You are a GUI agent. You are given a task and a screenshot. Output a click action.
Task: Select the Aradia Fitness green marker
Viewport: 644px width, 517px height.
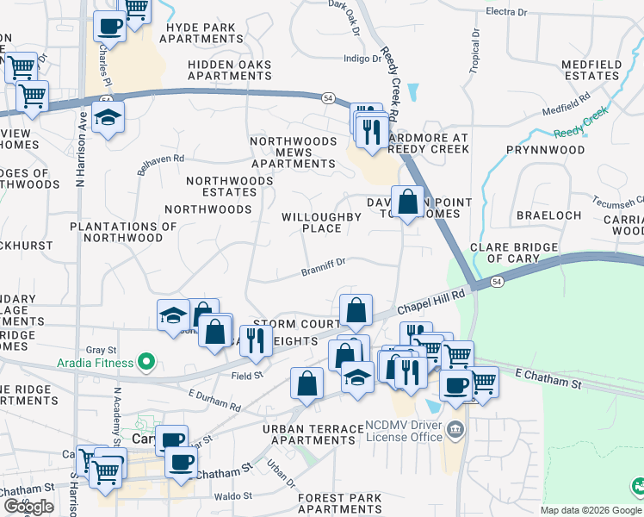(146, 363)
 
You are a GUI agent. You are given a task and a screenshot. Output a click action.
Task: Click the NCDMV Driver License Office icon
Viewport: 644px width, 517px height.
(455, 429)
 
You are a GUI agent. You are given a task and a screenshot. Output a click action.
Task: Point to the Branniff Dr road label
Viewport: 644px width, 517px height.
(323, 267)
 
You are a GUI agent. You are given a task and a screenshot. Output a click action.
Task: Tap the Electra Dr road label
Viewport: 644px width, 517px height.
(505, 12)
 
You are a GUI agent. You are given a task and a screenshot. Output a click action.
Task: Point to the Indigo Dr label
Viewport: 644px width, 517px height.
(362, 59)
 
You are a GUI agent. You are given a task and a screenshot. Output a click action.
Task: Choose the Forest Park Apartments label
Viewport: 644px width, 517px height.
(339, 504)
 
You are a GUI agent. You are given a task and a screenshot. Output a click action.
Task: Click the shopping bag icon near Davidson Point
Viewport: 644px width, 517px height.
(408, 204)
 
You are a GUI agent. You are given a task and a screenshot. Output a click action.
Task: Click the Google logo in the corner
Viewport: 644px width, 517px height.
(28, 507)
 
